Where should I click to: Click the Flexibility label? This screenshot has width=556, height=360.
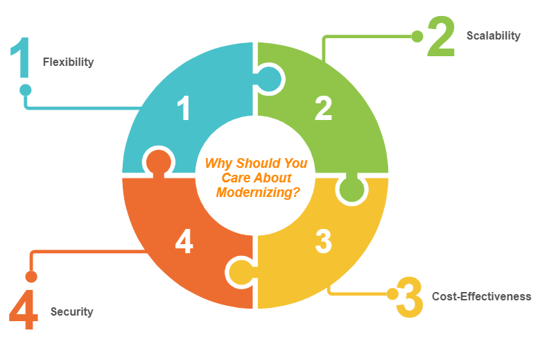pyautogui.click(x=68, y=62)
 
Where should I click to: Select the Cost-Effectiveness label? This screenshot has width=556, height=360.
pyautogui.click(x=481, y=296)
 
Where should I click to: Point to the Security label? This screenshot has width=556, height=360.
pyautogui.click(x=71, y=311)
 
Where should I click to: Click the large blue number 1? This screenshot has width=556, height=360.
pyautogui.click(x=20, y=59)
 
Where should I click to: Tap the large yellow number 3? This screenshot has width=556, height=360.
pyautogui.click(x=410, y=298)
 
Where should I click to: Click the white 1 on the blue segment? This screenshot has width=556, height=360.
pyautogui.click(x=184, y=109)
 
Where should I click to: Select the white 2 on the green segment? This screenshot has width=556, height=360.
pyautogui.click(x=323, y=108)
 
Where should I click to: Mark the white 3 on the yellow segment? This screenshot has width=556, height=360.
pyautogui.click(x=323, y=241)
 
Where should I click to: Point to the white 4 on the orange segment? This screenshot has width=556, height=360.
pyautogui.click(x=184, y=241)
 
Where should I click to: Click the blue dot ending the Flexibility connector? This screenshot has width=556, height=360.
pyautogui.click(x=26, y=89)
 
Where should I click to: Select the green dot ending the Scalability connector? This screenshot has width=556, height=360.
pyautogui.click(x=417, y=36)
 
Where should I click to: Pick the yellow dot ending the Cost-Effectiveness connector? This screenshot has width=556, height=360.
pyautogui.click(x=392, y=294)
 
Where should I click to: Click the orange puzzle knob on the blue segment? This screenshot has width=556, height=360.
pyautogui.click(x=158, y=162)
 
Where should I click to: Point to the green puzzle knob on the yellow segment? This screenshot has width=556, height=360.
pyautogui.click(x=351, y=189)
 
